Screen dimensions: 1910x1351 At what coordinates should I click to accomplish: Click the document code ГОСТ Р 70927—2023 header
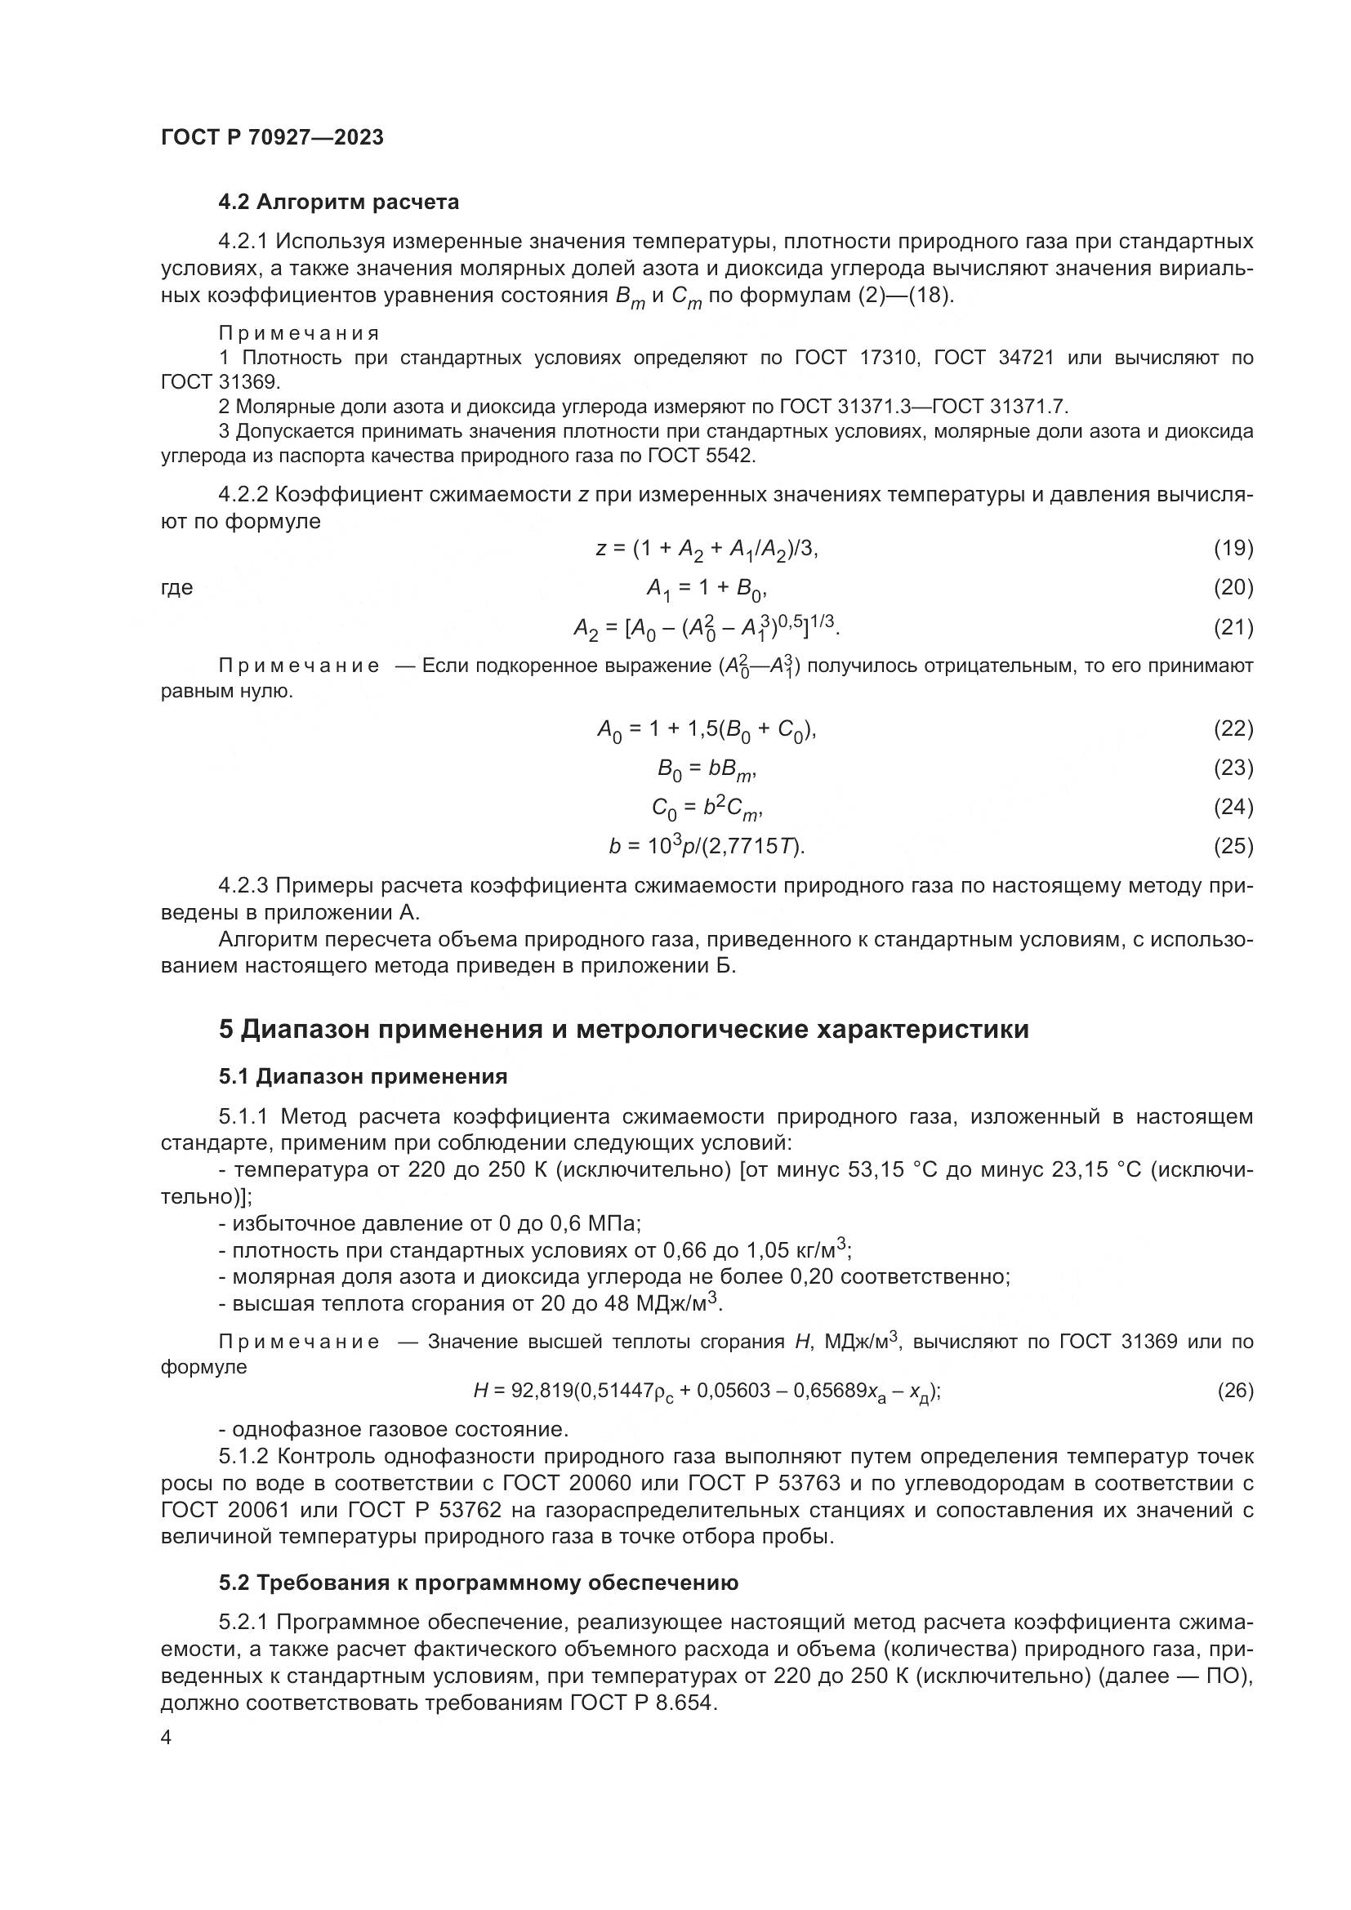(272, 138)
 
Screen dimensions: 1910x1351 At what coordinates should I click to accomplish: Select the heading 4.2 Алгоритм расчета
(339, 203)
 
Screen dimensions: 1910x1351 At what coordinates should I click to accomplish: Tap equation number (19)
(1233, 548)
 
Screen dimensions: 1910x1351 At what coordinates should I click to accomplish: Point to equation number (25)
(1233, 846)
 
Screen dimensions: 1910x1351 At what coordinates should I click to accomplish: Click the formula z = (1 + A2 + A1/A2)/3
(707, 549)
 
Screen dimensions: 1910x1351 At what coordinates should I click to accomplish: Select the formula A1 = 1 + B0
(707, 589)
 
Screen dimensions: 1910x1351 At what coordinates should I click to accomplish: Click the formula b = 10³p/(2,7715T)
(707, 847)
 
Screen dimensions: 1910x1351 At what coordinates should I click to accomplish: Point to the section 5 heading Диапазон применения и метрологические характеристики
(624, 1030)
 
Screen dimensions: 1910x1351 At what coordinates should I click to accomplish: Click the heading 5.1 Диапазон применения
(363, 1077)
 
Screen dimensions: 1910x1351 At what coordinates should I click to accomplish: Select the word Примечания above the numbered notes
(299, 334)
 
